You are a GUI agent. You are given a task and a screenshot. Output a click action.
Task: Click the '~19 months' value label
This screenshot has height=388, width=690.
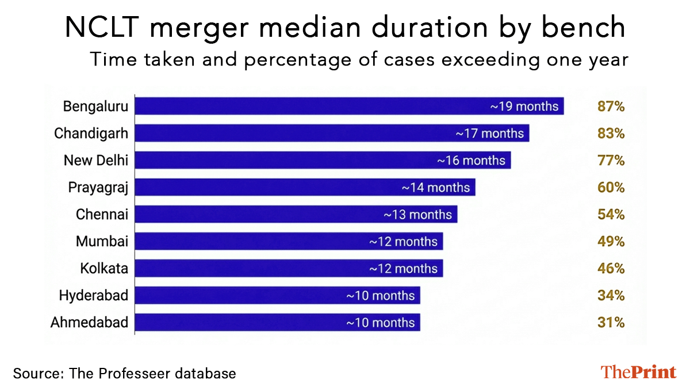tap(524, 106)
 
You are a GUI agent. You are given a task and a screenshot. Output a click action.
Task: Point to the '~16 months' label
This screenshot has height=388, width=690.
tap(471, 160)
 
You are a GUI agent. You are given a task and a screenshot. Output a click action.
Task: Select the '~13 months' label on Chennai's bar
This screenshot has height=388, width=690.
tap(417, 214)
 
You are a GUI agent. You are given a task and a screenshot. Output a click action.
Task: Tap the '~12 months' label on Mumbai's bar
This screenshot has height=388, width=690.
tap(403, 241)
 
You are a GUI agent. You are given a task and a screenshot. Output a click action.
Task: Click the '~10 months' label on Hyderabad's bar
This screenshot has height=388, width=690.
tap(380, 295)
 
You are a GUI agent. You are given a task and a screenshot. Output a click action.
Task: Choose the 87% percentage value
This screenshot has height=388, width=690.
tap(610, 106)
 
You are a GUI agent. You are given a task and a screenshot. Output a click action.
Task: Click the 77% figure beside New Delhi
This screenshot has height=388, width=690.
tap(610, 160)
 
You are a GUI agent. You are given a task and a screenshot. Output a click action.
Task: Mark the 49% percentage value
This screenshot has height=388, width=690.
tap(610, 241)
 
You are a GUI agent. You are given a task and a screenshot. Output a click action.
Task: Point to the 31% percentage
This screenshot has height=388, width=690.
tap(610, 322)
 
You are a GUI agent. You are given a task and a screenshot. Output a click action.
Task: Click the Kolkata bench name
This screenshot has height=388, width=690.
tap(104, 268)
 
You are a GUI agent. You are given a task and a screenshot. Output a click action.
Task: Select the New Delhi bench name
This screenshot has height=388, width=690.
tap(95, 160)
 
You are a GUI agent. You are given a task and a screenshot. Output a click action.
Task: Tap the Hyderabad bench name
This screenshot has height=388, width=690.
tap(93, 295)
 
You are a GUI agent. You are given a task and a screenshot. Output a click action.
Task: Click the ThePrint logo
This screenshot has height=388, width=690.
tap(638, 372)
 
